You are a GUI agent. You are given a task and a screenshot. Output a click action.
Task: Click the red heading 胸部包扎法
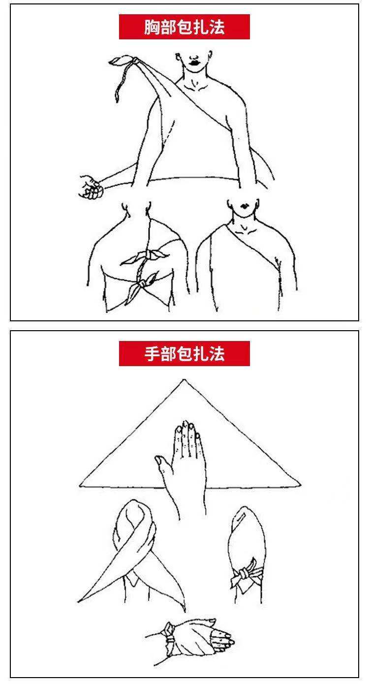tap(184, 27)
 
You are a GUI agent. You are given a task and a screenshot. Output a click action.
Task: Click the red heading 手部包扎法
tap(184, 354)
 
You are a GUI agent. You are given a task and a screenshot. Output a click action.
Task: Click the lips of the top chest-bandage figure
tap(193, 62)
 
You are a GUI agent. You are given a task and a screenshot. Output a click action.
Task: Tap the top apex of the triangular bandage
tap(184, 380)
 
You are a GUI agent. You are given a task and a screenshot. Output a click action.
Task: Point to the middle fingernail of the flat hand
tap(185, 424)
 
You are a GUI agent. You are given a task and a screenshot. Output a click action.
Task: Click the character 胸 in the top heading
tap(151, 27)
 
